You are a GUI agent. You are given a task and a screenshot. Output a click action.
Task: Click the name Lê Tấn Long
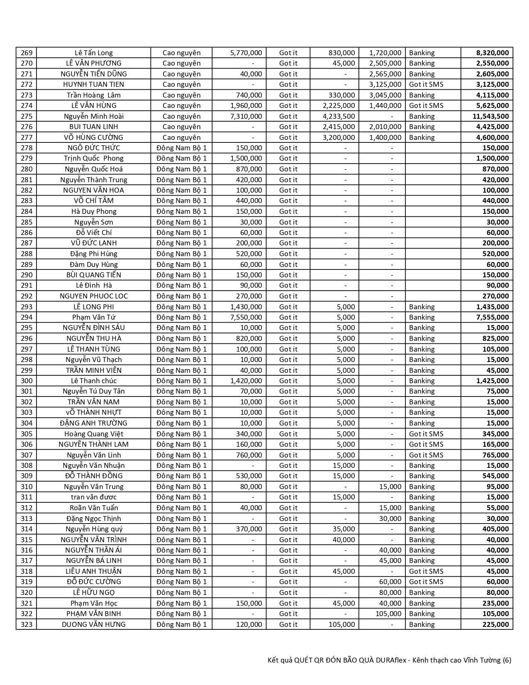coord(94,53)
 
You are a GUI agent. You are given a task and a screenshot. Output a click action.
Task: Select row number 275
coord(26,116)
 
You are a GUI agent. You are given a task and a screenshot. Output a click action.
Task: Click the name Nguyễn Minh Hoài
coord(94,116)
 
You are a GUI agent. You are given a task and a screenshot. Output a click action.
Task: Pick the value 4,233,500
coord(339,116)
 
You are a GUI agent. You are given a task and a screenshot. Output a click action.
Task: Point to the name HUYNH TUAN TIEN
coord(94,84)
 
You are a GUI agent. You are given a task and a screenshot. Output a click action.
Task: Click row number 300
coord(26,381)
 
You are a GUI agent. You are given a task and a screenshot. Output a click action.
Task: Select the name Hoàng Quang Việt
coord(94,434)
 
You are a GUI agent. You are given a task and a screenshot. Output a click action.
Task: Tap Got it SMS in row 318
coord(426,571)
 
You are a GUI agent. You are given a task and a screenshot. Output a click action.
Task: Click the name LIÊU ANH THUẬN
coord(94,571)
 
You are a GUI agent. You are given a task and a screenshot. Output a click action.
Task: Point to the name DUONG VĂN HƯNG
coord(94,624)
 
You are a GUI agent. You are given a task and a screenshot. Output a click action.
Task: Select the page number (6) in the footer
coord(507,660)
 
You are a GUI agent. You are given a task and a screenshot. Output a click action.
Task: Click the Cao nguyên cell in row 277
coord(181,137)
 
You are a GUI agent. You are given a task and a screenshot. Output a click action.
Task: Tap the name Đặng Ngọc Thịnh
coord(94,519)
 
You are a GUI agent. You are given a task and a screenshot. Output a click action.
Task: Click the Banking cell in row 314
coord(422,529)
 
